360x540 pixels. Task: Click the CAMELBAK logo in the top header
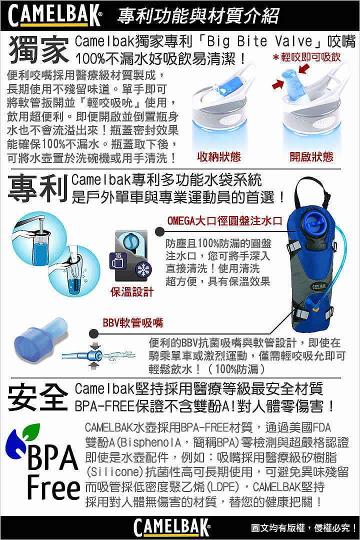(x=55, y=16)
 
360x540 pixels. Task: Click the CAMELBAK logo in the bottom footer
(x=171, y=527)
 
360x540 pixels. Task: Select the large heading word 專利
(x=38, y=188)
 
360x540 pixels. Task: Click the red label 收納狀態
(x=219, y=157)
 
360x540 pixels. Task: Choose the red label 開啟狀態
(x=311, y=157)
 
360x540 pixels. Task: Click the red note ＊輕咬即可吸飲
(x=306, y=57)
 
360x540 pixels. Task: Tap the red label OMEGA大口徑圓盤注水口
(x=225, y=220)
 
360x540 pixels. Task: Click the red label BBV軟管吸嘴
(x=133, y=322)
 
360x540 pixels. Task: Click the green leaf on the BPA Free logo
(x=31, y=430)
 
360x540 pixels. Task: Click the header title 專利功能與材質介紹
(x=197, y=16)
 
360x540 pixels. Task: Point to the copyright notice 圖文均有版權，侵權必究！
(x=304, y=527)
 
